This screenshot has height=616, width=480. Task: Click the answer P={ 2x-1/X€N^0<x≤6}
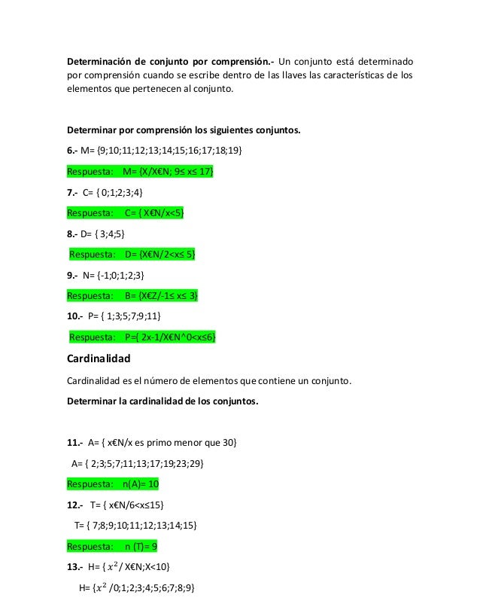pyautogui.click(x=171, y=337)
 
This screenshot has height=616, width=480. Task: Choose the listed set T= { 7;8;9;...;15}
pyautogui.click(x=135, y=525)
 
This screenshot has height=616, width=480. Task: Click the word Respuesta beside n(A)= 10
pyautogui.click(x=90, y=483)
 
